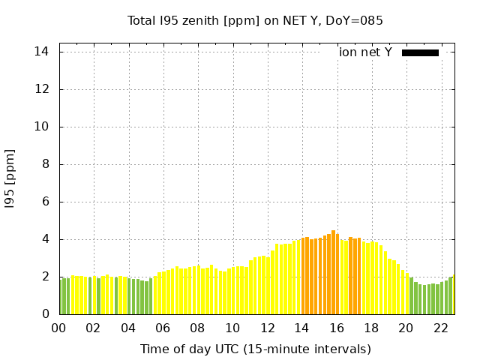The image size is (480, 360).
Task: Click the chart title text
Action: coord(255,21)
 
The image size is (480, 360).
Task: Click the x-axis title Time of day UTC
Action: coord(255,349)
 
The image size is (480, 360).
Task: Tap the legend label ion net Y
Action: coord(365,52)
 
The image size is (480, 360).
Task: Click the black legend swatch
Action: coord(420,52)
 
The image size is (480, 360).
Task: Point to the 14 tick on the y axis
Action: coord(42,52)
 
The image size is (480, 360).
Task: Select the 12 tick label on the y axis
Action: coord(42,89)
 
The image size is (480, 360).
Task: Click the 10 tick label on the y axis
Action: coord(42,127)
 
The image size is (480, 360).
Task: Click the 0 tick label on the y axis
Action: coord(45,314)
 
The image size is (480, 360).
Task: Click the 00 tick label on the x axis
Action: coord(59,328)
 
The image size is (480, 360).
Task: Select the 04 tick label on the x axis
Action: coord(128,328)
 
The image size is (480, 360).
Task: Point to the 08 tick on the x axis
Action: coord(197,328)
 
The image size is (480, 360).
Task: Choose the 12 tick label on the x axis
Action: coord(267,328)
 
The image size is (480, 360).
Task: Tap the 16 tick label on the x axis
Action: coord(336,328)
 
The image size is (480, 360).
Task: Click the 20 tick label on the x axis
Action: coord(406,328)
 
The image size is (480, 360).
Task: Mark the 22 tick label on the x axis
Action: coord(440,328)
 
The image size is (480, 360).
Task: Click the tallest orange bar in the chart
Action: coord(333,273)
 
